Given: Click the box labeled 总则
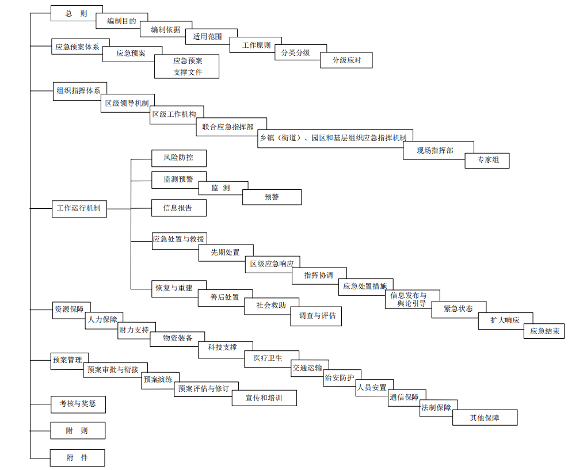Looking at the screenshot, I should point(77,13).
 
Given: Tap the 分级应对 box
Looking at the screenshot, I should point(346,60).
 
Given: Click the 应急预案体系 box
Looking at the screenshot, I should point(77,47).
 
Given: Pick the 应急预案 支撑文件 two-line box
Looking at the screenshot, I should point(187,67).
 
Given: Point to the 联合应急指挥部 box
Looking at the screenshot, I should point(231,127).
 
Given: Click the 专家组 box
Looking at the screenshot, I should point(487,161).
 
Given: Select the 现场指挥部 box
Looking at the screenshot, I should point(438,151).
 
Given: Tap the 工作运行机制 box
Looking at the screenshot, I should point(78,208).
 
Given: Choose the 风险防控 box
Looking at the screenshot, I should point(179,158).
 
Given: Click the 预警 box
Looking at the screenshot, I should point(272,197).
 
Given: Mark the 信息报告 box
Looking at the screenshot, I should point(179,208).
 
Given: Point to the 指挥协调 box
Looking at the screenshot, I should point(318,276).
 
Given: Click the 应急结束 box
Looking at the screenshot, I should point(544,331).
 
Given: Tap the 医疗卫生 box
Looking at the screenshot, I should point(272,358).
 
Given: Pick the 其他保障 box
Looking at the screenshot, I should point(485,418).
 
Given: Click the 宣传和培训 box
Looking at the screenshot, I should point(264,398).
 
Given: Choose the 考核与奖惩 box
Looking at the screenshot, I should point(78,404).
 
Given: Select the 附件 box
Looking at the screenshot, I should point(77,458).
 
